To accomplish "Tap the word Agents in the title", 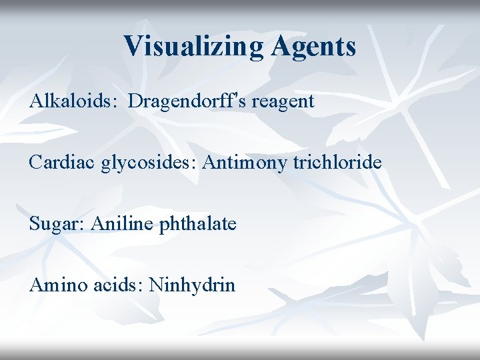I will click(314, 47).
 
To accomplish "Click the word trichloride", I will click(337, 163).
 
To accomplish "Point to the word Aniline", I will click(113, 224).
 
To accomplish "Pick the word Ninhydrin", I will click(192, 286).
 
